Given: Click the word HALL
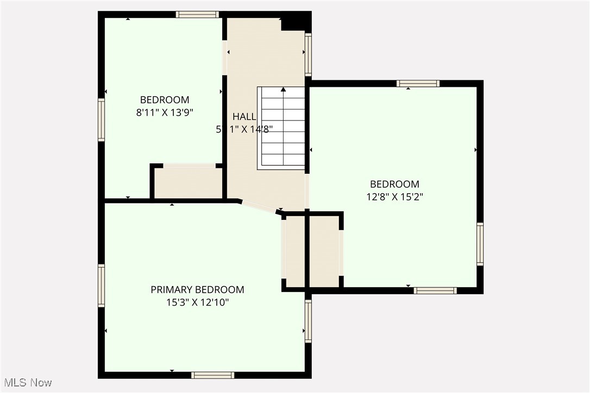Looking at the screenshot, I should (x=244, y=116).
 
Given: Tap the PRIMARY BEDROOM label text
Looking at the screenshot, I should (x=197, y=290).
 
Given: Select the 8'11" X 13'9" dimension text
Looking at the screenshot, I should (x=165, y=113).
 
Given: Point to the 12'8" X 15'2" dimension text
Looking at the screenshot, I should (x=394, y=197).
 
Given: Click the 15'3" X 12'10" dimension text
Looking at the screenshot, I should (x=197, y=302).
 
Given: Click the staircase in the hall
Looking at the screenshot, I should (x=281, y=128).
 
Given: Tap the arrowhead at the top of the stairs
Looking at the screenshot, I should (x=283, y=90).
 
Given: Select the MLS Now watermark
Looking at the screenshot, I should (x=27, y=383).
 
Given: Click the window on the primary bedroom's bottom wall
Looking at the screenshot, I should (x=213, y=375).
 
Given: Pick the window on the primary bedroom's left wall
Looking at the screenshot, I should (x=101, y=286).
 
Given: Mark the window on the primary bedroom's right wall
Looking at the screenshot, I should (x=308, y=321).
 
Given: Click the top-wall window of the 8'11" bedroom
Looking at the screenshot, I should (x=198, y=15).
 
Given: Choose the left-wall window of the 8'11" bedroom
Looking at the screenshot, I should (x=101, y=120).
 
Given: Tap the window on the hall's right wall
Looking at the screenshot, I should (x=308, y=54).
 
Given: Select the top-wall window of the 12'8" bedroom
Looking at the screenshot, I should (x=418, y=84).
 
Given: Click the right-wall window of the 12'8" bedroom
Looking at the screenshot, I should (x=480, y=244).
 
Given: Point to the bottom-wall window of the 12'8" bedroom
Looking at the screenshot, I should (x=435, y=291).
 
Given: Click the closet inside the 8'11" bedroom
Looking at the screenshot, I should (x=187, y=182).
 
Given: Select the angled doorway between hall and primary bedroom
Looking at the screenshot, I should (x=260, y=207).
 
